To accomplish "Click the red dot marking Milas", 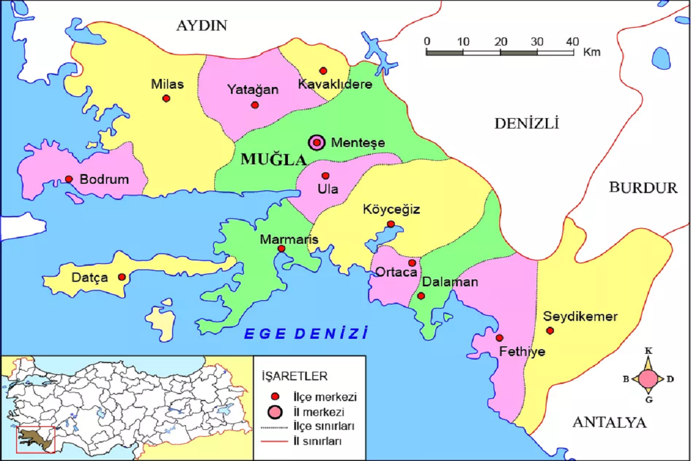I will point(166,98).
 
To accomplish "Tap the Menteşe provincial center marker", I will point(317,142).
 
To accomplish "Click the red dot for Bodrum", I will point(69,179).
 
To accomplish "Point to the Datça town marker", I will point(122,277).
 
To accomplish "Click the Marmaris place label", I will point(281,239).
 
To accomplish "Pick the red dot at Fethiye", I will point(499,338).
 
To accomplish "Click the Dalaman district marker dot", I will point(421,296).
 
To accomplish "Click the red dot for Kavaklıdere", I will point(323,71).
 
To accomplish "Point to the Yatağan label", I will point(252,90).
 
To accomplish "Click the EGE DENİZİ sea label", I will point(306,333).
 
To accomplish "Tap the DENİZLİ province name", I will point(526,123).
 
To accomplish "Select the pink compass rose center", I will point(648,379).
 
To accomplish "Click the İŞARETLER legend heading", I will point(294,376).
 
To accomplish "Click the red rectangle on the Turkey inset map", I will point(35,440).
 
